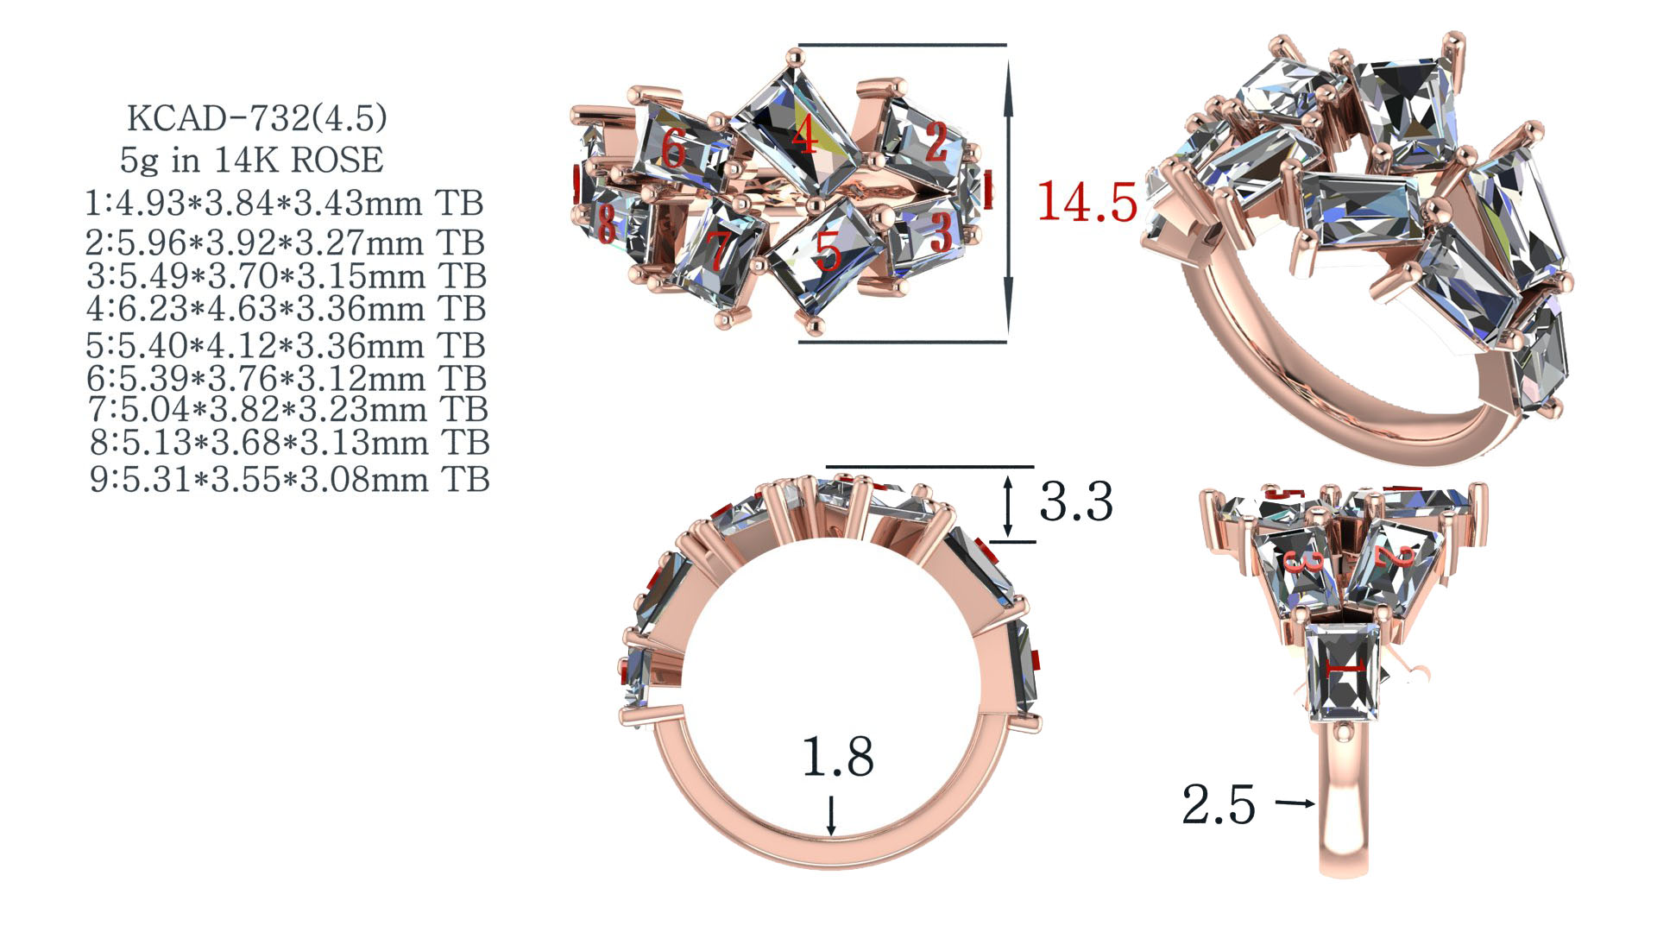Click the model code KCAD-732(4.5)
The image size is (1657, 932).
256,118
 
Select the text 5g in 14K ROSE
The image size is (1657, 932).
252,160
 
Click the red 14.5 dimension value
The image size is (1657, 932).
1087,203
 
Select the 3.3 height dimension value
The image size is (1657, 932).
1076,501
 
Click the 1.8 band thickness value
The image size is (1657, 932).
838,757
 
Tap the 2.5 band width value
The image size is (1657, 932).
1219,804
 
